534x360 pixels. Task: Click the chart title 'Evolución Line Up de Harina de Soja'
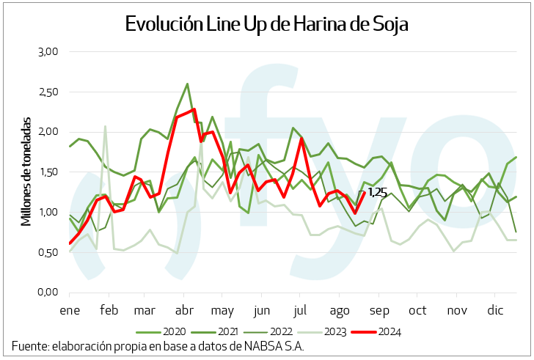click(266, 23)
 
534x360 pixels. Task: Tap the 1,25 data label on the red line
click(377, 192)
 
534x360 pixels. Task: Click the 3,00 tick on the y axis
click(48, 51)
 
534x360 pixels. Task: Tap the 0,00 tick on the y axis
click(48, 293)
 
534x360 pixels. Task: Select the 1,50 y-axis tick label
click(48, 172)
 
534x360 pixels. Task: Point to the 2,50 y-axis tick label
click(48, 92)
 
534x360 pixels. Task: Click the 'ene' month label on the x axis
click(70, 310)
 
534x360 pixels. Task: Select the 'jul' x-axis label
click(301, 310)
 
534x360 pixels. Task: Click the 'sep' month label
click(378, 310)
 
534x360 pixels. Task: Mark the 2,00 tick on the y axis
click(48, 132)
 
